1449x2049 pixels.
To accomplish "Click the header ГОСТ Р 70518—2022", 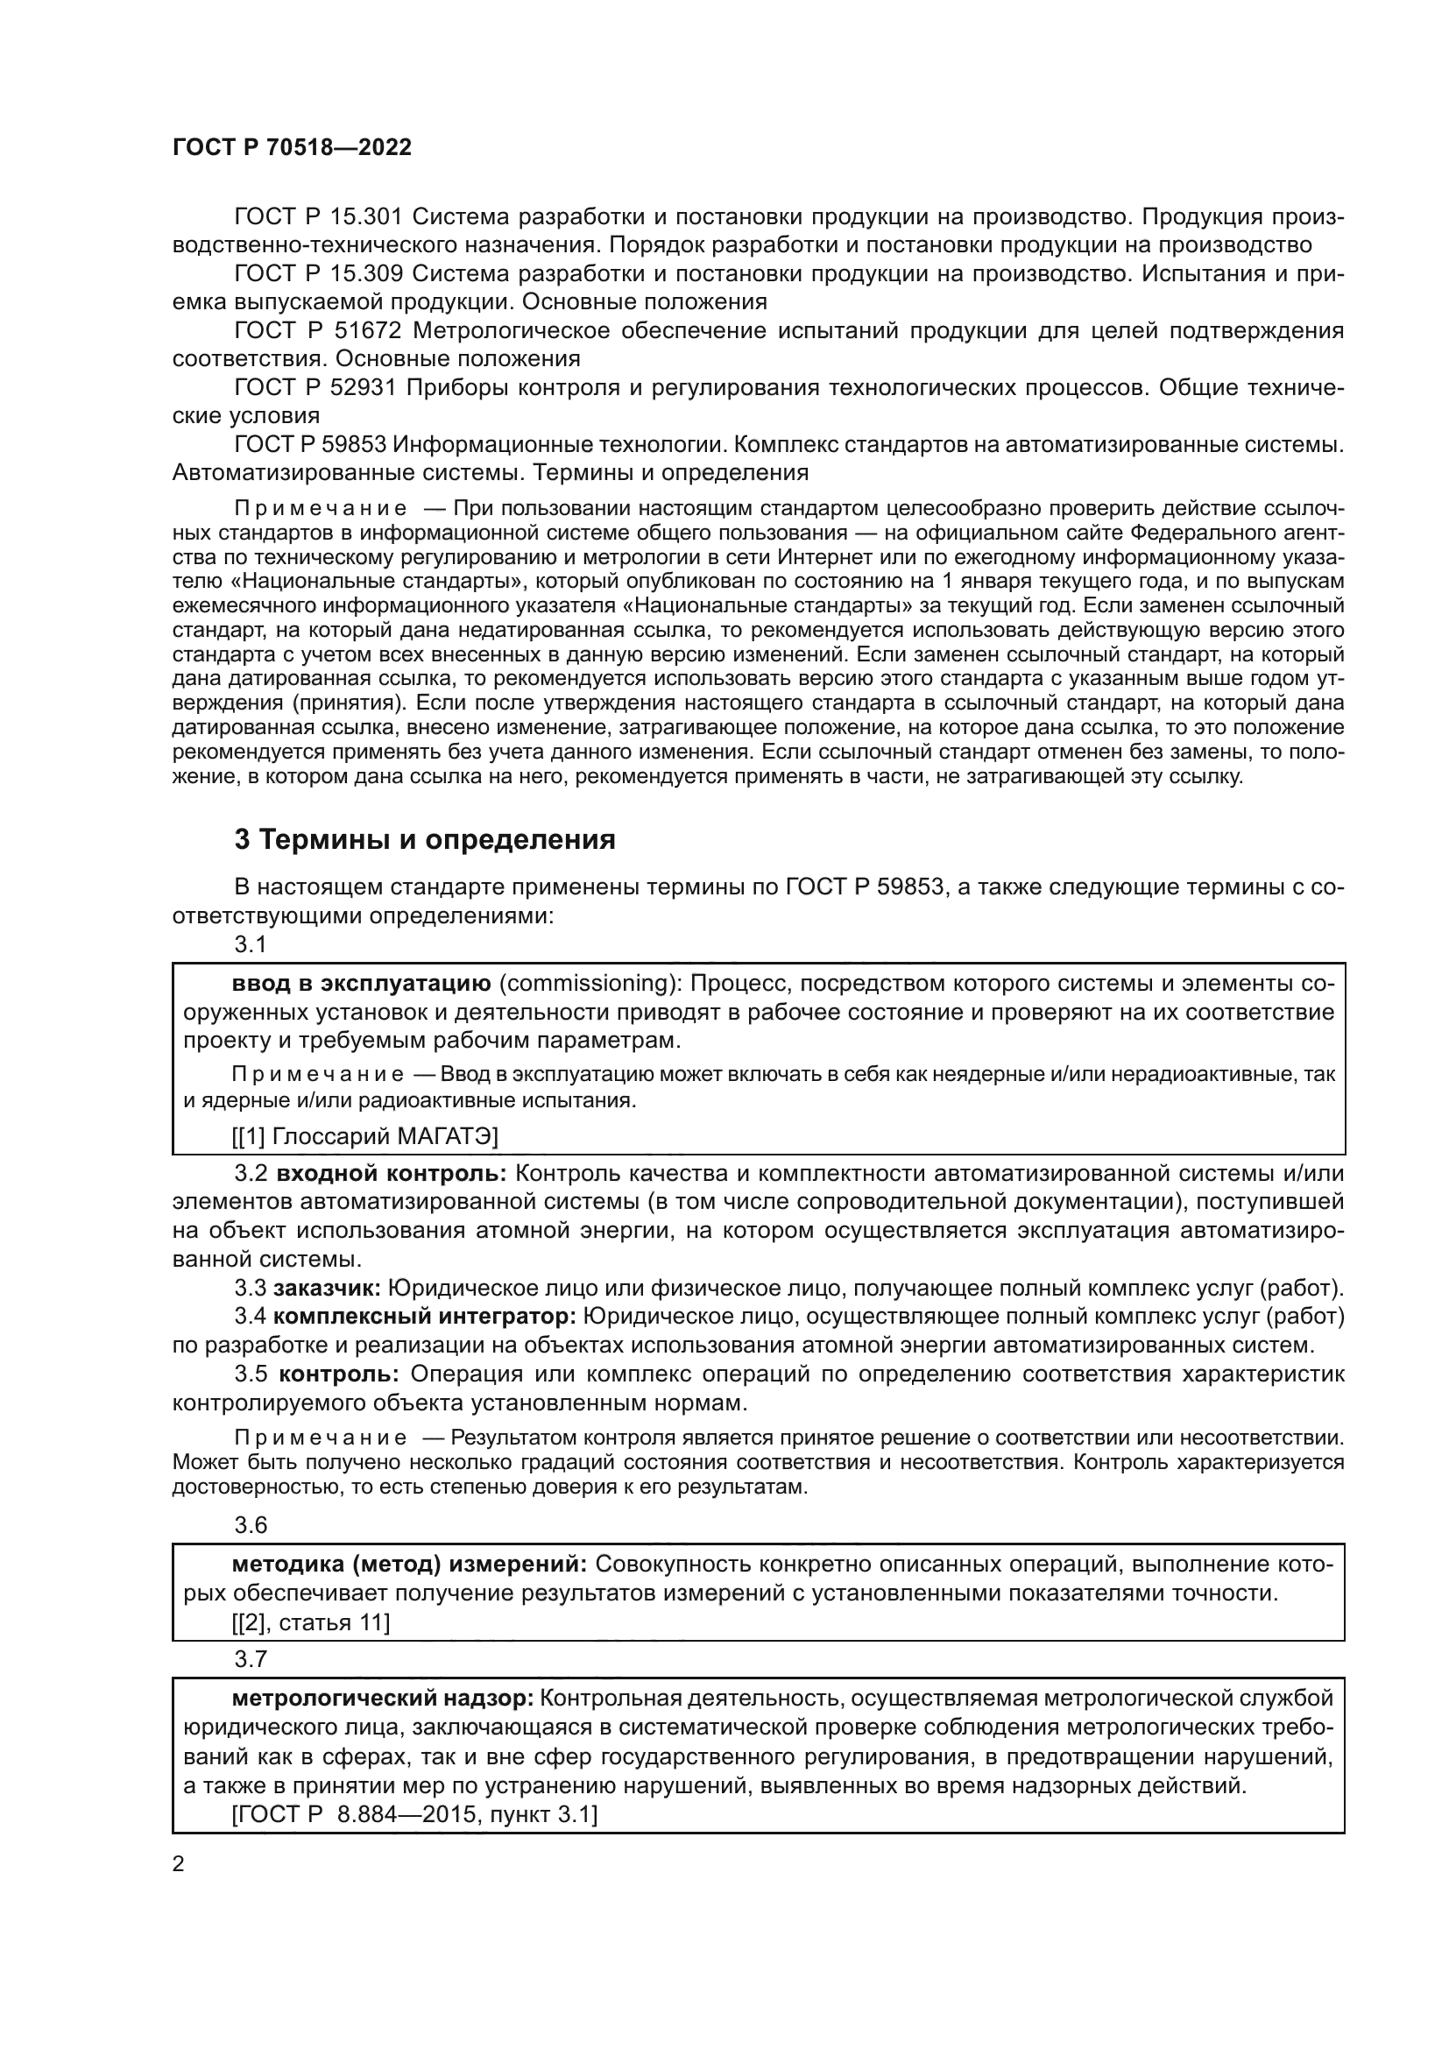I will click(292, 148).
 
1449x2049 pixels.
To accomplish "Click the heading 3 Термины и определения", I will click(425, 840).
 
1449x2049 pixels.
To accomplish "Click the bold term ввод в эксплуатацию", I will click(361, 984).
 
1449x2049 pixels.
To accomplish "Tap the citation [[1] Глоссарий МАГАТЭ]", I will click(365, 1136).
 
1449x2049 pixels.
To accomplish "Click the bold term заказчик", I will click(328, 1288).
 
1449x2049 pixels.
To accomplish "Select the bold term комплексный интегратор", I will click(425, 1317).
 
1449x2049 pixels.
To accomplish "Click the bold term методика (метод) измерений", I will click(409, 1565).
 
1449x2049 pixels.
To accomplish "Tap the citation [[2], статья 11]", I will click(310, 1622).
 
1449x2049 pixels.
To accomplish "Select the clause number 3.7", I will click(251, 1659).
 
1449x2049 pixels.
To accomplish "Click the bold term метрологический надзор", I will click(383, 1698).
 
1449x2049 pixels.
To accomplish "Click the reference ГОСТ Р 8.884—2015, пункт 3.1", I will click(414, 1814).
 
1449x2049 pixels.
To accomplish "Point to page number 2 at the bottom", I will click(179, 1864).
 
